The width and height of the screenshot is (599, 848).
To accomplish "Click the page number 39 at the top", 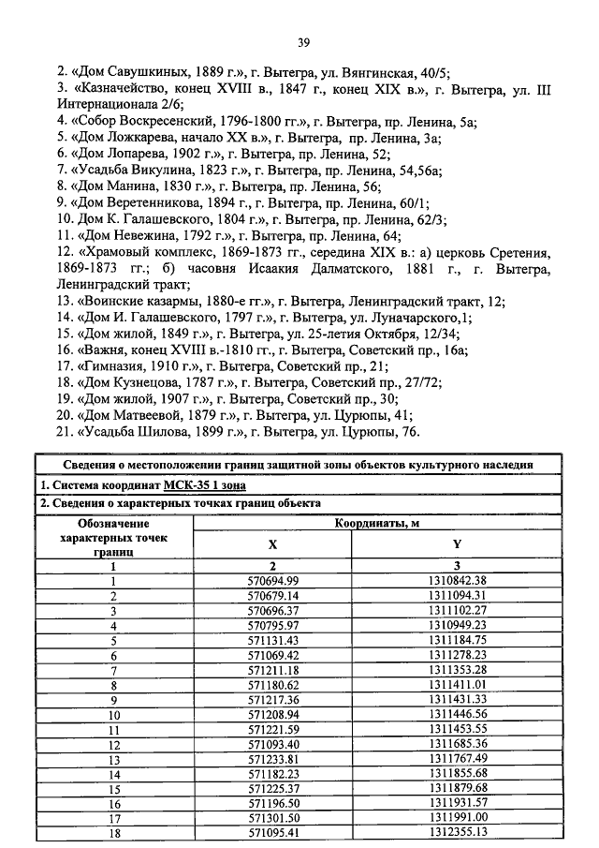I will tap(303, 41).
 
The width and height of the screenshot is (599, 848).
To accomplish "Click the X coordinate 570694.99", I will tap(271, 580).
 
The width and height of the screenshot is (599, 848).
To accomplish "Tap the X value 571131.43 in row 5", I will tap(271, 640).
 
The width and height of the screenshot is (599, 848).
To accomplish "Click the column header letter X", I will tap(272, 544).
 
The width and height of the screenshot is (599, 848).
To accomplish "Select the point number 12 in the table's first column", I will tap(113, 745).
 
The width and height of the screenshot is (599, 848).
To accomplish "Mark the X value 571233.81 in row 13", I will tap(271, 760).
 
